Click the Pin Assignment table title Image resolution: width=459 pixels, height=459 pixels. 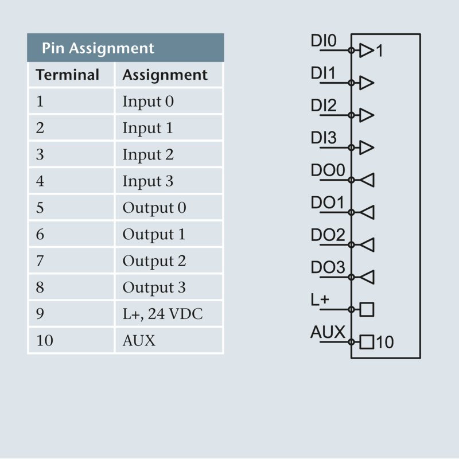[x=98, y=48]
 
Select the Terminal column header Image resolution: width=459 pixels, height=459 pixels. [x=67, y=75]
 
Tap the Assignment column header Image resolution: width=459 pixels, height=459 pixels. [x=165, y=75]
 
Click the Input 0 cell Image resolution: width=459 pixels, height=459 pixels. [x=147, y=102]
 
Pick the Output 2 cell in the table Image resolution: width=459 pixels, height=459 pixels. [x=154, y=261]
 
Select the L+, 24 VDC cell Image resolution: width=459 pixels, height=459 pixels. [x=162, y=314]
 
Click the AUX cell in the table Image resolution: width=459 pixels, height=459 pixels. [x=139, y=340]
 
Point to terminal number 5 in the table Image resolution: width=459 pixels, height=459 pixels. [x=40, y=208]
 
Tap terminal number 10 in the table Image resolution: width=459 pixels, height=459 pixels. [x=44, y=340]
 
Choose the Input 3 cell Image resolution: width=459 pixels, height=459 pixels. [x=147, y=181]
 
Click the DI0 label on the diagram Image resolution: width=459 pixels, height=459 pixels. [x=324, y=41]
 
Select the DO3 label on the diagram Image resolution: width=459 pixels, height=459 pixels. [x=328, y=267]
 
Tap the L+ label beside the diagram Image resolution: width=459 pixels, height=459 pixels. [x=320, y=299]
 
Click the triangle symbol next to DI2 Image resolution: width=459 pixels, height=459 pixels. [x=367, y=115]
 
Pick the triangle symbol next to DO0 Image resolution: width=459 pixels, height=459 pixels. [x=367, y=180]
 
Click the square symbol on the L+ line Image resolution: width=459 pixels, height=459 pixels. [x=367, y=310]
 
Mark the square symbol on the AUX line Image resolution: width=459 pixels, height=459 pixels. [x=367, y=343]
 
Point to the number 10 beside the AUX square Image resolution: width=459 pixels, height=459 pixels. [x=386, y=343]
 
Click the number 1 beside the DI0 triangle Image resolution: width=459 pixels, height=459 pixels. [x=379, y=52]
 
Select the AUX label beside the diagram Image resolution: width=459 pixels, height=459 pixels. [x=328, y=332]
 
